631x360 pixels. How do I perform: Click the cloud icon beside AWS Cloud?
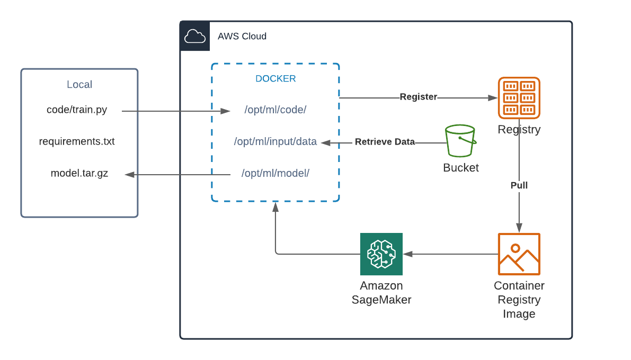coord(194,37)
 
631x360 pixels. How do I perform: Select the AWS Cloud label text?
coord(242,37)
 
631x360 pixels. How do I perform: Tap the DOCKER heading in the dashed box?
coord(275,79)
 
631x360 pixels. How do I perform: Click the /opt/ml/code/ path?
coord(275,110)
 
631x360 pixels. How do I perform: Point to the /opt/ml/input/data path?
coord(275,142)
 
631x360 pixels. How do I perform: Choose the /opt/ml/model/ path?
coord(275,173)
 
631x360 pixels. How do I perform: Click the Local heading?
coord(79,85)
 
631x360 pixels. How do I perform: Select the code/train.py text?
coord(77,110)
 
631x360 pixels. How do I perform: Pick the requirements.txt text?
coord(77,142)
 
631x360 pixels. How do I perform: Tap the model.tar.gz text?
coord(79,173)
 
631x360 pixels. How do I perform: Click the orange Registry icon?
coord(519,98)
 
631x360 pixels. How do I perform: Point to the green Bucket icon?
coord(460,141)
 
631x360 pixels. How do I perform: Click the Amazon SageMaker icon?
coord(381,254)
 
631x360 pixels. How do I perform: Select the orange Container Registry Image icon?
coord(519,254)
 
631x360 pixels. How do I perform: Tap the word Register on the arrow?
coord(419,97)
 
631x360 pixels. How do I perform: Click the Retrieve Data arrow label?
coord(385,142)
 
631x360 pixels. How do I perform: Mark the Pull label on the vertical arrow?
coord(519,185)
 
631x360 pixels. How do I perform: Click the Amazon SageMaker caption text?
coord(381,293)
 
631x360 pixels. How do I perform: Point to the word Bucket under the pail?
coord(461,168)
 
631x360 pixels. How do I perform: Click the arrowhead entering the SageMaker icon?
coord(407,254)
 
